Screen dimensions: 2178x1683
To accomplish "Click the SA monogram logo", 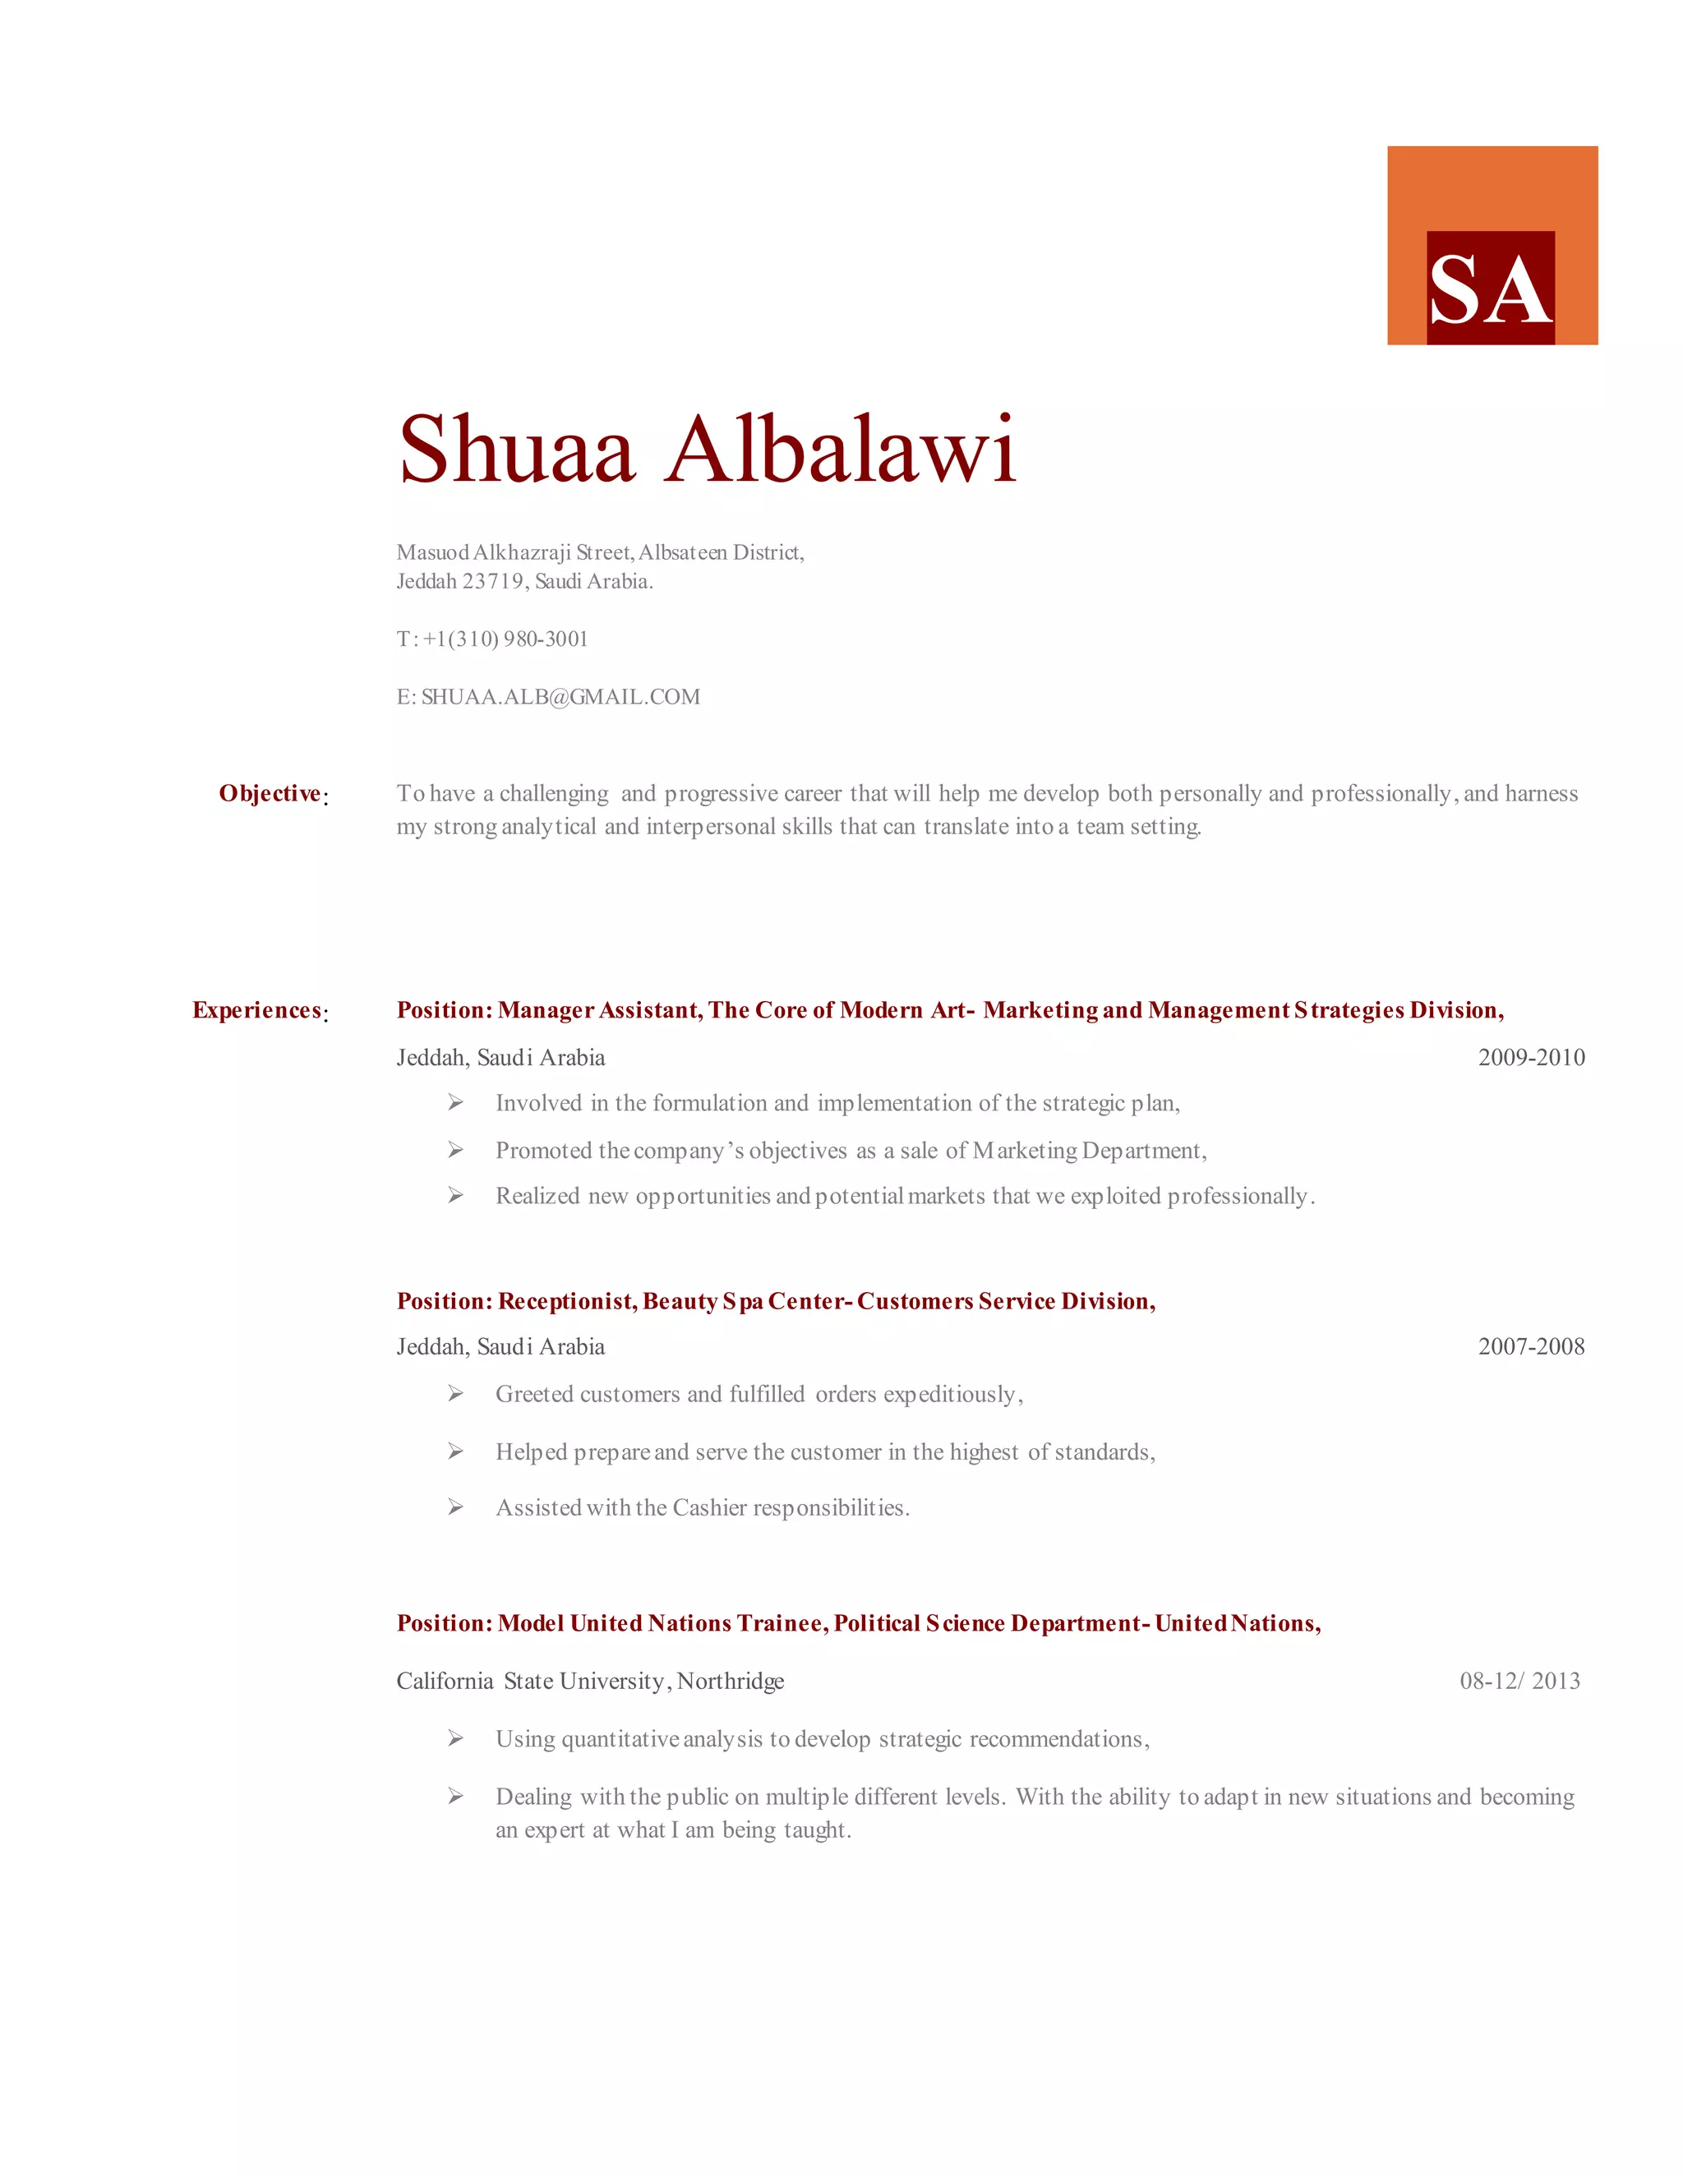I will tap(1491, 287).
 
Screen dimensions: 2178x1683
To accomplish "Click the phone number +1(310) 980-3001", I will tap(505, 639).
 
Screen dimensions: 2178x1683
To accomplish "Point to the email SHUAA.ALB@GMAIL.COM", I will tap(560, 697).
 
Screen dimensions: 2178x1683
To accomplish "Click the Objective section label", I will tap(270, 794).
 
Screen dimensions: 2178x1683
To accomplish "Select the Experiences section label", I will tap(257, 1010).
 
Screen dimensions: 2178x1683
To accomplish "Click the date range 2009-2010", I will tap(1530, 1057).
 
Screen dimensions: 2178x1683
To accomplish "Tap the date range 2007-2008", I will tap(1530, 1346).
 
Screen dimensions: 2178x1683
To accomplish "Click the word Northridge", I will tap(731, 1682).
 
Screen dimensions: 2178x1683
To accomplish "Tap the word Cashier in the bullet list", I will tap(709, 1508).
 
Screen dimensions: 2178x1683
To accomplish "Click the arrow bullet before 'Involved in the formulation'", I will tap(455, 1102).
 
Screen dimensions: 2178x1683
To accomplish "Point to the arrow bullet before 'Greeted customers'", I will tap(455, 1393).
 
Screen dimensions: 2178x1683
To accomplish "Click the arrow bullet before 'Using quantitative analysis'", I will tap(455, 1738).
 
